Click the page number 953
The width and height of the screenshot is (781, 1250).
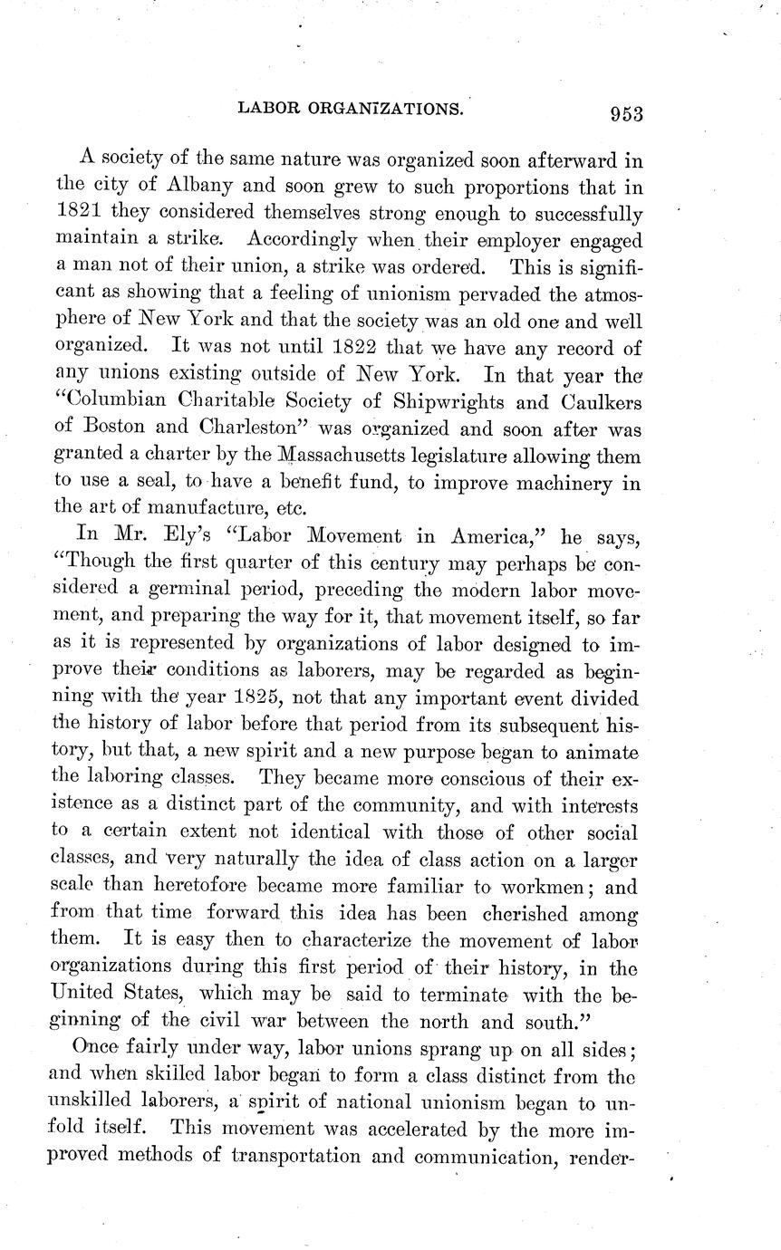(x=626, y=113)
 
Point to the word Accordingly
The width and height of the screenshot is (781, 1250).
(x=298, y=242)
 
